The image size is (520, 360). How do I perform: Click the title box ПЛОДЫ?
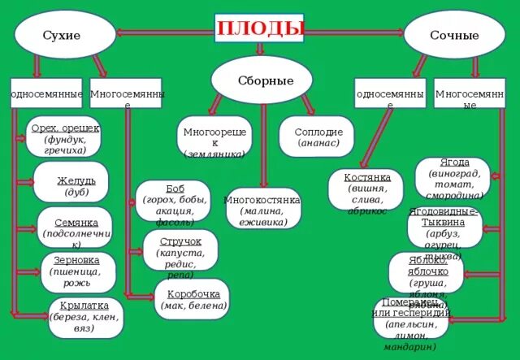pos(259,29)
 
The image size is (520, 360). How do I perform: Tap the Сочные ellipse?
pos(454,35)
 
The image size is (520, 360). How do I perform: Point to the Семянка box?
pos(75,227)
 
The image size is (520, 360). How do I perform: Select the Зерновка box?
pos(77,271)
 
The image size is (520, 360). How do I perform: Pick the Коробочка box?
pos(192,298)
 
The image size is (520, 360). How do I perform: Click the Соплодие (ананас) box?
pos(316,137)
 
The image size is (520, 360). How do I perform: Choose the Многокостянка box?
pos(262,207)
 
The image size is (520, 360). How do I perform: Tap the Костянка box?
pos(366,189)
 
